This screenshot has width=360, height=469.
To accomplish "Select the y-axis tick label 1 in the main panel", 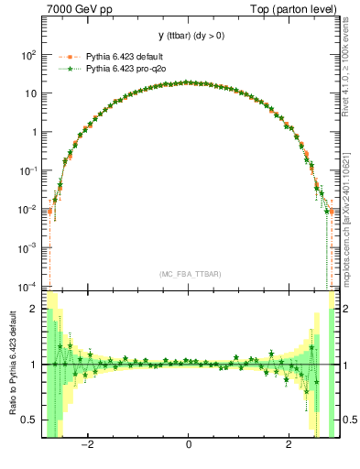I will click(34, 132).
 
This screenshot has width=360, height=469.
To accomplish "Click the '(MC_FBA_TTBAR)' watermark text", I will click(189, 274).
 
